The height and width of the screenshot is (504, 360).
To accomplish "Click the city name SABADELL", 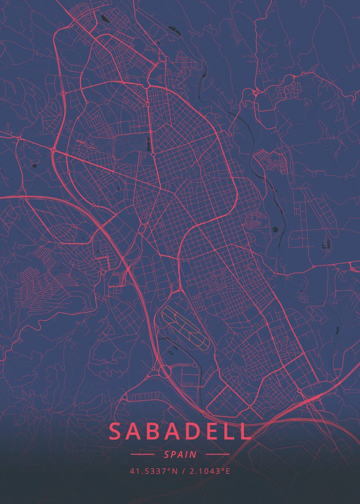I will [x=180, y=432].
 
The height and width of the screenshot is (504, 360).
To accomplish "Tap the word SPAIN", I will [x=180, y=454].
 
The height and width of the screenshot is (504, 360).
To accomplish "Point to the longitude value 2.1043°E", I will [x=210, y=471].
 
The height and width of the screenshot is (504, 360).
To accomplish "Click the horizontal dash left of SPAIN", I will [x=142, y=454].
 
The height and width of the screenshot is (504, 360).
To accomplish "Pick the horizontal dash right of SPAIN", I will [x=218, y=454].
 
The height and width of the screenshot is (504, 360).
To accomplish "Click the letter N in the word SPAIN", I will [x=193, y=454].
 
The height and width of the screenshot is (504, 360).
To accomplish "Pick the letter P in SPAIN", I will [x=173, y=454].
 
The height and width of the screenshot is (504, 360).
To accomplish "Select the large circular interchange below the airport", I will [x=165, y=372].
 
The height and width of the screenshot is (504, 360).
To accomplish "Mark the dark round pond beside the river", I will [x=275, y=229].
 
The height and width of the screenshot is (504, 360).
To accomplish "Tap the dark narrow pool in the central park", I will [x=149, y=144].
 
